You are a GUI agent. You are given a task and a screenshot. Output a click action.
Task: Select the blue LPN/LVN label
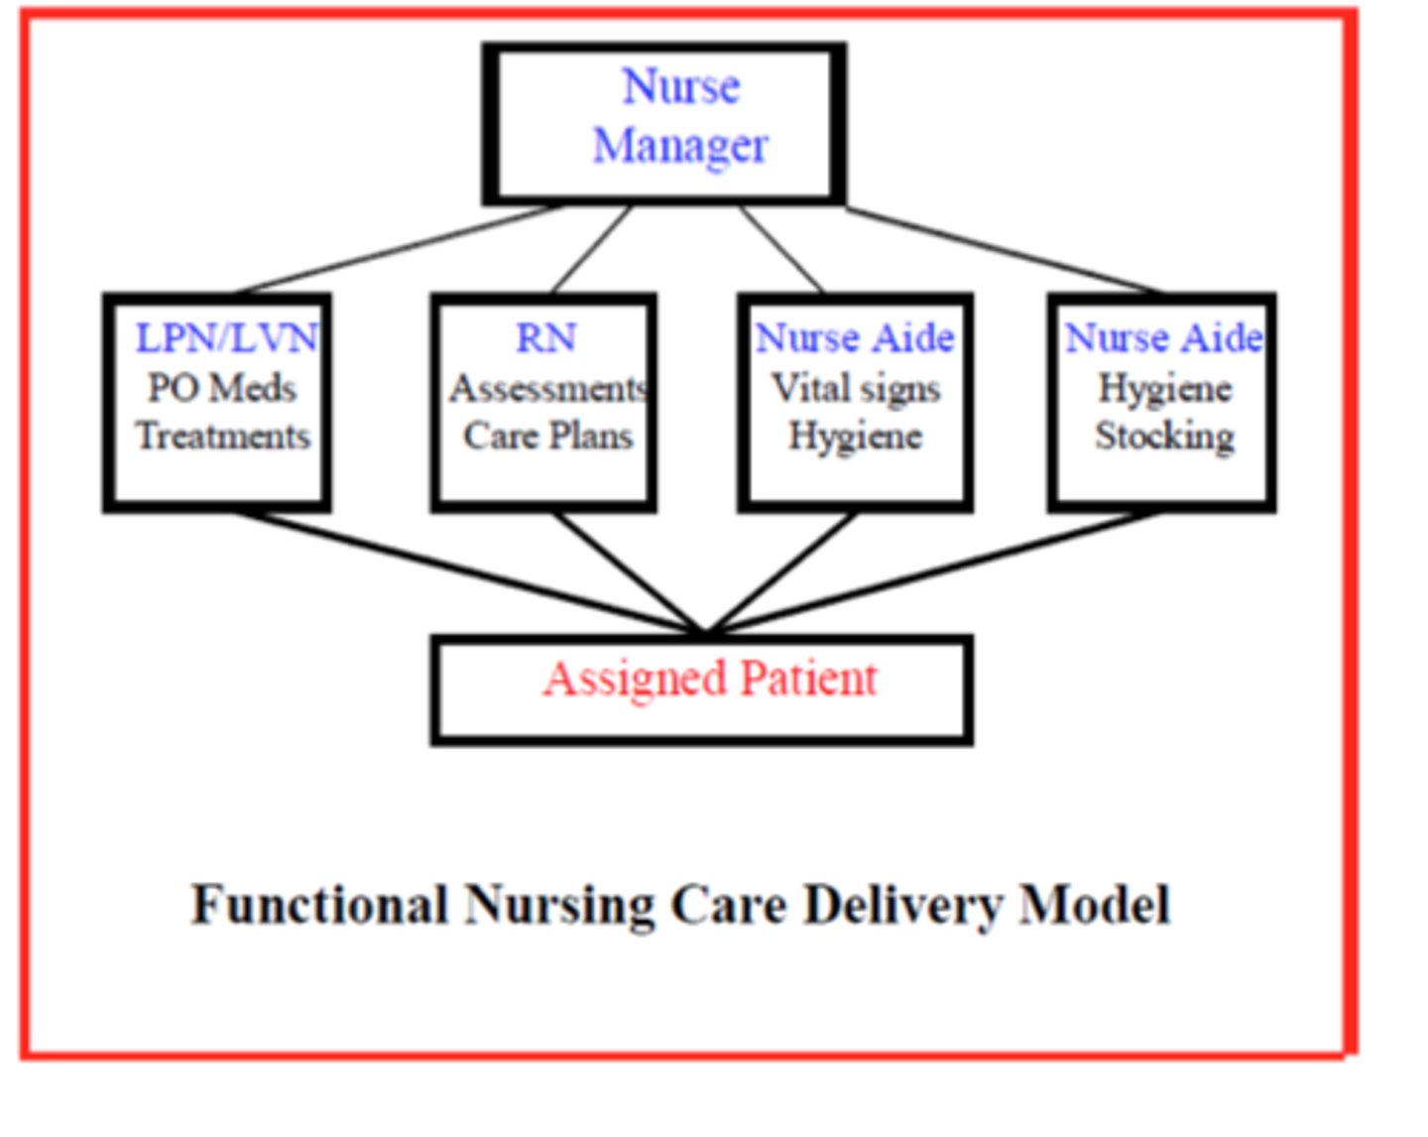(226, 338)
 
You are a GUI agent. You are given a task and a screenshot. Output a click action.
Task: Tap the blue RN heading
(545, 338)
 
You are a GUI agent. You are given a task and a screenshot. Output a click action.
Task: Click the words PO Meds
(222, 387)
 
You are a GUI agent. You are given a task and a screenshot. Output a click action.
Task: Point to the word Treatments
(223, 436)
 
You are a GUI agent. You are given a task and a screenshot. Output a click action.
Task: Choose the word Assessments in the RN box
(547, 388)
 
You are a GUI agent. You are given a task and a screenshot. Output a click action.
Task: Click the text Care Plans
(547, 436)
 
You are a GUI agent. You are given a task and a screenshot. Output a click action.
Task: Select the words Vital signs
(856, 388)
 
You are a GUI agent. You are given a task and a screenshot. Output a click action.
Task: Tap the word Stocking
(1164, 436)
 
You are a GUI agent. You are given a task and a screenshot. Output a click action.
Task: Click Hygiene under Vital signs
(855, 436)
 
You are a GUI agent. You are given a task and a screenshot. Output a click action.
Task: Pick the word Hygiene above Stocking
(1164, 388)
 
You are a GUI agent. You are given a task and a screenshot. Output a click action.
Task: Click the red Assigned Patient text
(710, 680)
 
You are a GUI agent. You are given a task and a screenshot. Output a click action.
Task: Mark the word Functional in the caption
(319, 905)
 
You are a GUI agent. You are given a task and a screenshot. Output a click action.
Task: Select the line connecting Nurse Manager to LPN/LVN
(397, 249)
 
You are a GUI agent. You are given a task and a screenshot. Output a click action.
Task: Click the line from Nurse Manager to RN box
(592, 249)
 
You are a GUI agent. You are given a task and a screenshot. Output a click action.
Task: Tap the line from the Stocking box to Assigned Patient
(932, 571)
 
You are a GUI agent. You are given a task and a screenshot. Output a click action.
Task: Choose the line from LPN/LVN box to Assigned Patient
(466, 571)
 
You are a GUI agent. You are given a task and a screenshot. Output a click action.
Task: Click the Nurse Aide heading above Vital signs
(855, 338)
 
